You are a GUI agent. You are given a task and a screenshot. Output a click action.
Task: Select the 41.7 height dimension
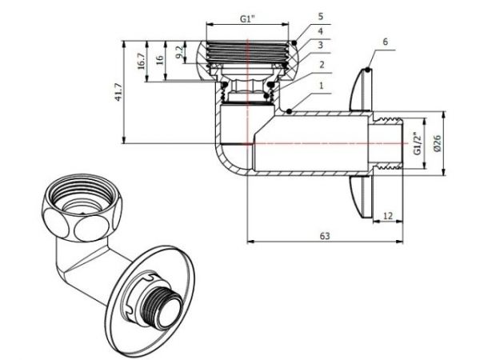(118, 94)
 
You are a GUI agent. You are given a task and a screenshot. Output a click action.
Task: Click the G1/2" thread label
(417, 142)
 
